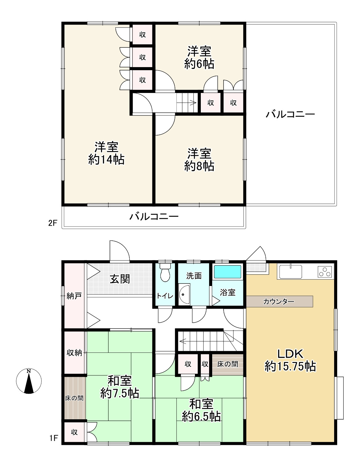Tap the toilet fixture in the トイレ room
pyautogui.click(x=165, y=272)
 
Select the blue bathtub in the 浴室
pyautogui.click(x=228, y=272)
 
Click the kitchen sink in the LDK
pyautogui.click(x=289, y=272)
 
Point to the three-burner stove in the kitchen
pyautogui.click(x=325, y=272)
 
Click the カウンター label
pyautogui.click(x=279, y=301)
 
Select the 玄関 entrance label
pyautogui.click(x=120, y=279)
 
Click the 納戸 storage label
pyautogui.click(x=74, y=296)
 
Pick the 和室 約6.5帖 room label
pyautogui.click(x=201, y=410)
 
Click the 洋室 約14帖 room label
pyautogui.click(x=106, y=153)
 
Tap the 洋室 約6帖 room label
pyautogui.click(x=199, y=58)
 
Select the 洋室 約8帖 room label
pyautogui.click(x=199, y=159)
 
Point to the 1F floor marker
pyautogui.click(x=53, y=438)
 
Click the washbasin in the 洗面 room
pyautogui.click(x=184, y=295)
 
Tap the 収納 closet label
pyautogui.click(x=74, y=353)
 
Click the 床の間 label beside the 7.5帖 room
pyautogui.click(x=74, y=398)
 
